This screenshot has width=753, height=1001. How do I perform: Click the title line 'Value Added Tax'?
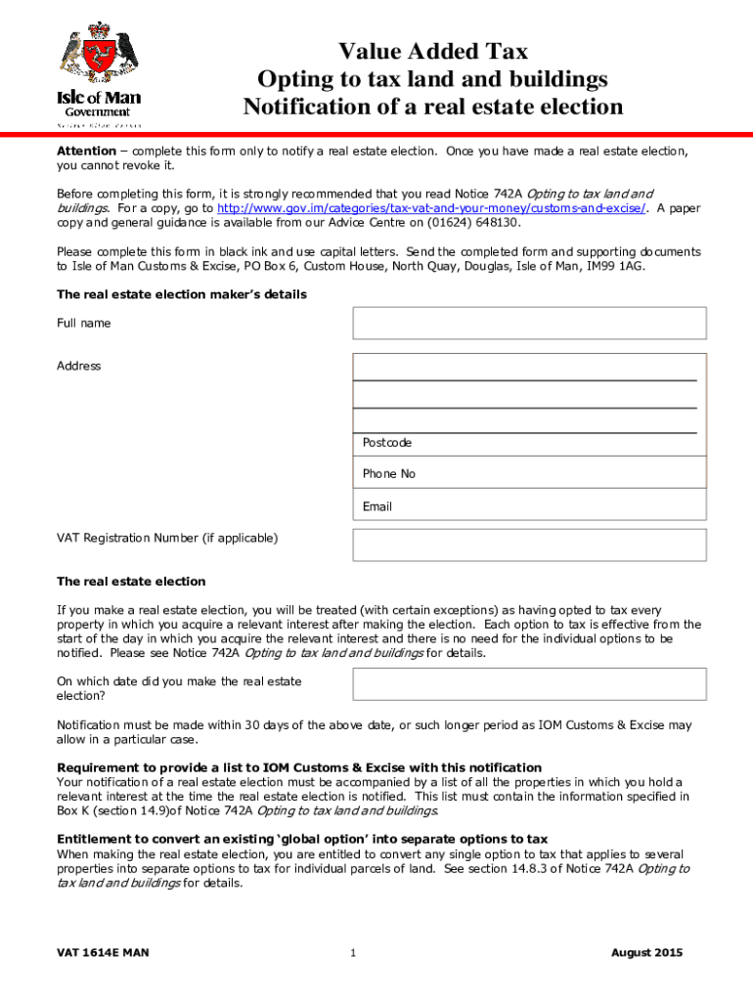coord(432,51)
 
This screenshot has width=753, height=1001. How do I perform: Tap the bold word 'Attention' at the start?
coord(86,152)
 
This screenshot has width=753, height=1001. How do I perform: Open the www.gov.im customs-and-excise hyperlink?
coord(430,208)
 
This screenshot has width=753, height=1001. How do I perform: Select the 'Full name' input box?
coord(528,323)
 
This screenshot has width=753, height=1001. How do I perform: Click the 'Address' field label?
coord(78,366)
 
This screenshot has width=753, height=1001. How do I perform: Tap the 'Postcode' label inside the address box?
coord(387,443)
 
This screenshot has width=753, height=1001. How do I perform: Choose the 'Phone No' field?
coord(528,474)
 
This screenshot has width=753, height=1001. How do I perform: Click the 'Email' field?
coord(528,506)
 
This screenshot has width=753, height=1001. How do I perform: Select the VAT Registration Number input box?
coord(528,544)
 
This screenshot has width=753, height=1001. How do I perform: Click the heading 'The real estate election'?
coord(131,582)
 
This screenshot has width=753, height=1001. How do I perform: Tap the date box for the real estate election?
coord(528,684)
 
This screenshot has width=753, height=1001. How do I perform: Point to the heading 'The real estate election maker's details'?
coord(182,294)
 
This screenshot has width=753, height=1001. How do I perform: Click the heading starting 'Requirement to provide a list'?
coord(299,767)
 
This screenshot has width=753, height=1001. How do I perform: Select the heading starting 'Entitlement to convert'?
coord(302,839)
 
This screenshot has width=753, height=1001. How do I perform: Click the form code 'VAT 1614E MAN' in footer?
coord(103,953)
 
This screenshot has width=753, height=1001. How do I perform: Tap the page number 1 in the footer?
coord(352,954)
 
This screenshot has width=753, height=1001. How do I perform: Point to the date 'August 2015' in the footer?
coord(646,953)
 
